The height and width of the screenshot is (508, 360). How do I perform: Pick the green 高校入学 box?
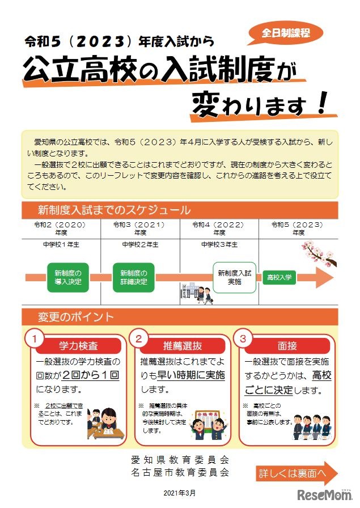click(x=279, y=277)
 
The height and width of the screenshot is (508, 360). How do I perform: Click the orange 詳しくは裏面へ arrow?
click(x=297, y=473)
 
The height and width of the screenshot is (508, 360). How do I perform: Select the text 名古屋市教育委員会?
click(x=180, y=472)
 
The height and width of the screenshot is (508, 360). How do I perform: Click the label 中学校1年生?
click(x=61, y=245)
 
